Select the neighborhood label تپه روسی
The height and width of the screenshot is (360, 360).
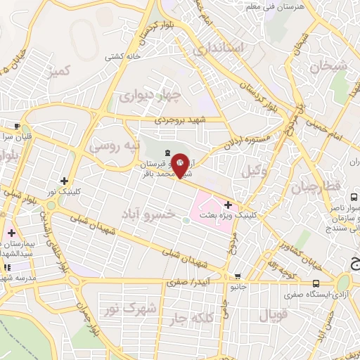coord(115,146)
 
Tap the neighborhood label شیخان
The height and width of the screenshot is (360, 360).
coord(324,67)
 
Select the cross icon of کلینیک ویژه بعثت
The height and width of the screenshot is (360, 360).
coord(228,204)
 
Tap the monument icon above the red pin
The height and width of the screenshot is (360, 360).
coord(167,153)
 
